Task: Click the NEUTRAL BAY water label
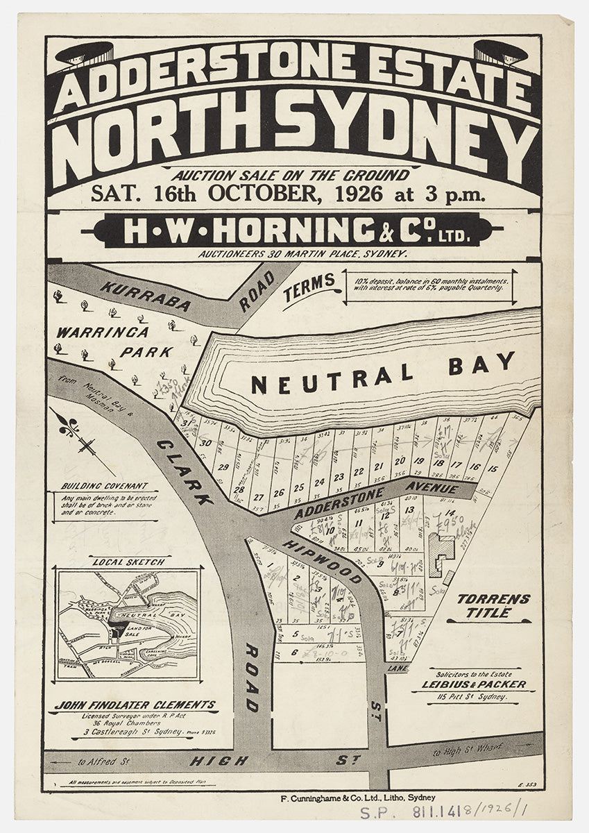click(383, 373)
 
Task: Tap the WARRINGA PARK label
click(114, 342)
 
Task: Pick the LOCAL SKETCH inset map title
click(129, 561)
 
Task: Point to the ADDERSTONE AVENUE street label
click(375, 500)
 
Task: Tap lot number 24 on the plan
click(319, 481)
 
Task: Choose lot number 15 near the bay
click(493, 469)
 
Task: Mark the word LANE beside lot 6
click(397, 668)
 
